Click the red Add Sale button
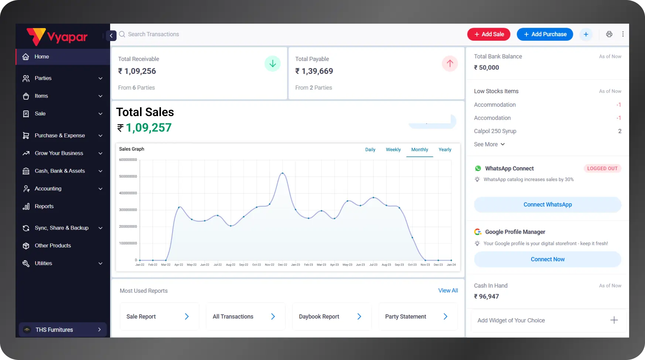[x=488, y=34]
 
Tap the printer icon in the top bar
[x=609, y=34]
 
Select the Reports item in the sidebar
[x=44, y=206]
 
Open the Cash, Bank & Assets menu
[x=60, y=171]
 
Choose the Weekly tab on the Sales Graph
[x=393, y=150]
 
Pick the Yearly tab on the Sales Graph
[x=445, y=150]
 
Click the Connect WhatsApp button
[x=547, y=205]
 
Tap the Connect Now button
[x=547, y=259]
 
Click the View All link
[x=448, y=291]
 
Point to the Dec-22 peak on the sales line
[x=283, y=173]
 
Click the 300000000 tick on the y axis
[x=128, y=210]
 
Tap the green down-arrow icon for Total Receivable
[x=273, y=64]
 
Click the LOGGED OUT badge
[x=602, y=169]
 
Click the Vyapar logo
[x=57, y=37]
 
